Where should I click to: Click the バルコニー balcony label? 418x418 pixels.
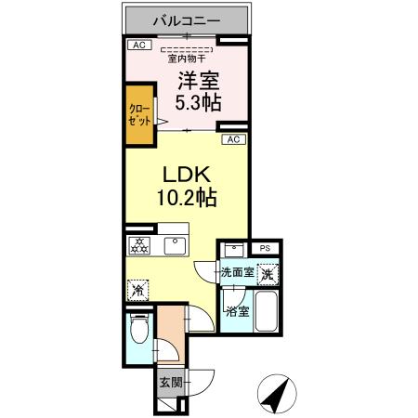[x=187, y=18]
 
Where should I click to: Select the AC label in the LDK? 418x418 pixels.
[x=235, y=139]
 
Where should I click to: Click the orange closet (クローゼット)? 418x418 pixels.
[x=139, y=116]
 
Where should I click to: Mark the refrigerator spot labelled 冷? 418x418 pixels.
[x=137, y=289]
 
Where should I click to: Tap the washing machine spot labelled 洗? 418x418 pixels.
[x=267, y=274]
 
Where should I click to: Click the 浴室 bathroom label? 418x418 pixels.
[x=235, y=312]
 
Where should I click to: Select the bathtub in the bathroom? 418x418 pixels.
[x=266, y=312]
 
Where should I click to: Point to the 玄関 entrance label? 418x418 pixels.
[x=169, y=381]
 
